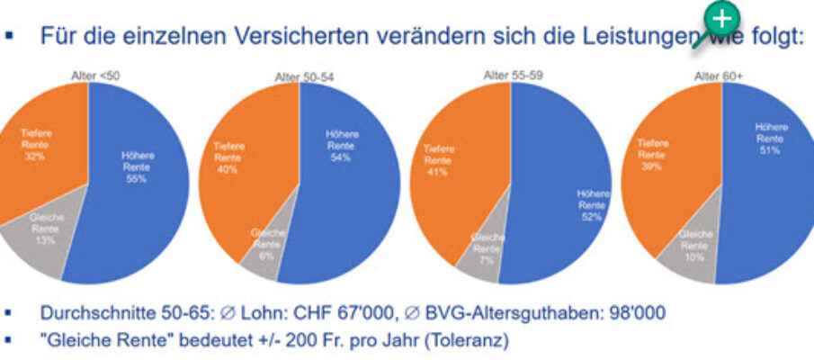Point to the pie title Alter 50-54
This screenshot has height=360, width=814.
304,77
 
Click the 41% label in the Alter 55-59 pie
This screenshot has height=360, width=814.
438,173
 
